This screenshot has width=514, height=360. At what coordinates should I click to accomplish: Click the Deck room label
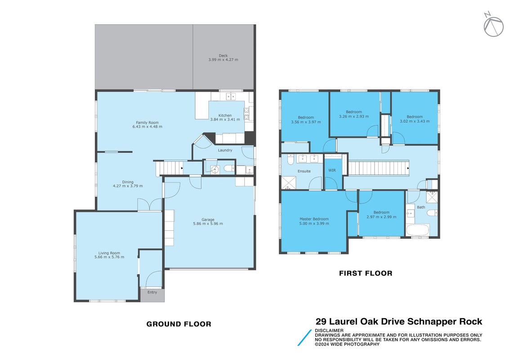223,56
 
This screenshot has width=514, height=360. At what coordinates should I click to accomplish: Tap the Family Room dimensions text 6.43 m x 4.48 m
147,126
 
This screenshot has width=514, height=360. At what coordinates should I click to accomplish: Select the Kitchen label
225,116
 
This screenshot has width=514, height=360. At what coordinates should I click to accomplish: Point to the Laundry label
225,150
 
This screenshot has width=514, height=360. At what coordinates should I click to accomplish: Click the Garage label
208,220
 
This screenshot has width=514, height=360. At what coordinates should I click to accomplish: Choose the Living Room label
109,253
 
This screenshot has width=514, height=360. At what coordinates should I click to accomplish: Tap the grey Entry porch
152,295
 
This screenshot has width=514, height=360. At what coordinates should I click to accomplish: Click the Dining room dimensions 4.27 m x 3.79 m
128,186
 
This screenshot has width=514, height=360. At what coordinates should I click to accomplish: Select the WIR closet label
332,170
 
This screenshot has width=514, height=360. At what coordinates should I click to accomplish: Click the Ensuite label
304,171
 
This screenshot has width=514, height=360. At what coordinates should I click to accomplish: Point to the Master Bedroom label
314,219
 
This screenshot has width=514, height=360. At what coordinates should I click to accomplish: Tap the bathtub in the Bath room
418,229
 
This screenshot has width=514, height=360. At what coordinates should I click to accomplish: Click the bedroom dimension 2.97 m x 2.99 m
382,217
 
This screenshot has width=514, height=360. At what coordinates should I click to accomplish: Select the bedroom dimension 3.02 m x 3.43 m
415,121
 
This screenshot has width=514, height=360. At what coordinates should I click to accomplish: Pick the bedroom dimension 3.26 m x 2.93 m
354,117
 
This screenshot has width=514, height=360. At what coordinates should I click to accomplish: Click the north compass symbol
493,25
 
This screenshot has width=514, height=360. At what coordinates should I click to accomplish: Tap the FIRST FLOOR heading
366,273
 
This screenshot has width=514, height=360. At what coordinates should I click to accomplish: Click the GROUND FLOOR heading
179,324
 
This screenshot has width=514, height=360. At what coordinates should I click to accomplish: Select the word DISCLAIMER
329,330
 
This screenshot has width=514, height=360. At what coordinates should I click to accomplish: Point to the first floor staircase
378,168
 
